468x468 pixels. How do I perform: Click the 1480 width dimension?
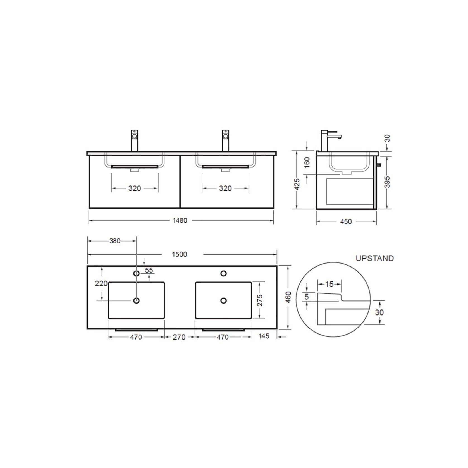180,221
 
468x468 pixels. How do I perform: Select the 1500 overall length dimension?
179,254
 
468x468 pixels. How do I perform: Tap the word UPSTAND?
375,258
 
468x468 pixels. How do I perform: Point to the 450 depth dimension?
346,222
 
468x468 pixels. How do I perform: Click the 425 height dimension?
297,184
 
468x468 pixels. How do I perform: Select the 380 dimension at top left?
115,241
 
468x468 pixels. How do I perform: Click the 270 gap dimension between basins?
179,337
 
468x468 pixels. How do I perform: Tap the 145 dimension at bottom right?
264,336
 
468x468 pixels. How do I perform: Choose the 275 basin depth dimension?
260,300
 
